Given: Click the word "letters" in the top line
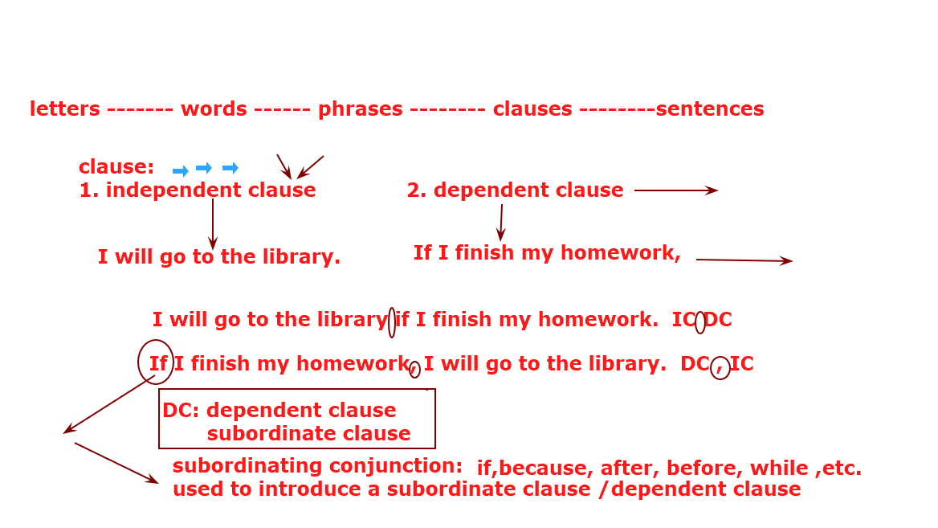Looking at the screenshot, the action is pos(64,108).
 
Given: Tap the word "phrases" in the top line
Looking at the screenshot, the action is pos(360,109).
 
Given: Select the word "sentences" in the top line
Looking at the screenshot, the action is pos(709,109).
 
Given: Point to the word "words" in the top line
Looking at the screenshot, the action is pos(214,108).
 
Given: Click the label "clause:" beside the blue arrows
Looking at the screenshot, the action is pos(116,166).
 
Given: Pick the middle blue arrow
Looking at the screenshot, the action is pos(204,168).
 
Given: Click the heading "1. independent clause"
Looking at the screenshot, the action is pos(198,190).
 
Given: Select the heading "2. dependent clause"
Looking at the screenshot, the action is pos(515,190).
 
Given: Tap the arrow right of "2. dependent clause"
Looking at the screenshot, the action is pos(676,190).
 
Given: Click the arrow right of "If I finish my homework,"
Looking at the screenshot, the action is pos(744,260).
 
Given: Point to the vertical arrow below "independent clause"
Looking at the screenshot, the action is pos(212,224).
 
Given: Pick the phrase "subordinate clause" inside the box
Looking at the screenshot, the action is pos(308,433).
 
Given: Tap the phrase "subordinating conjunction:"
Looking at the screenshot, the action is pos(318,466).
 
